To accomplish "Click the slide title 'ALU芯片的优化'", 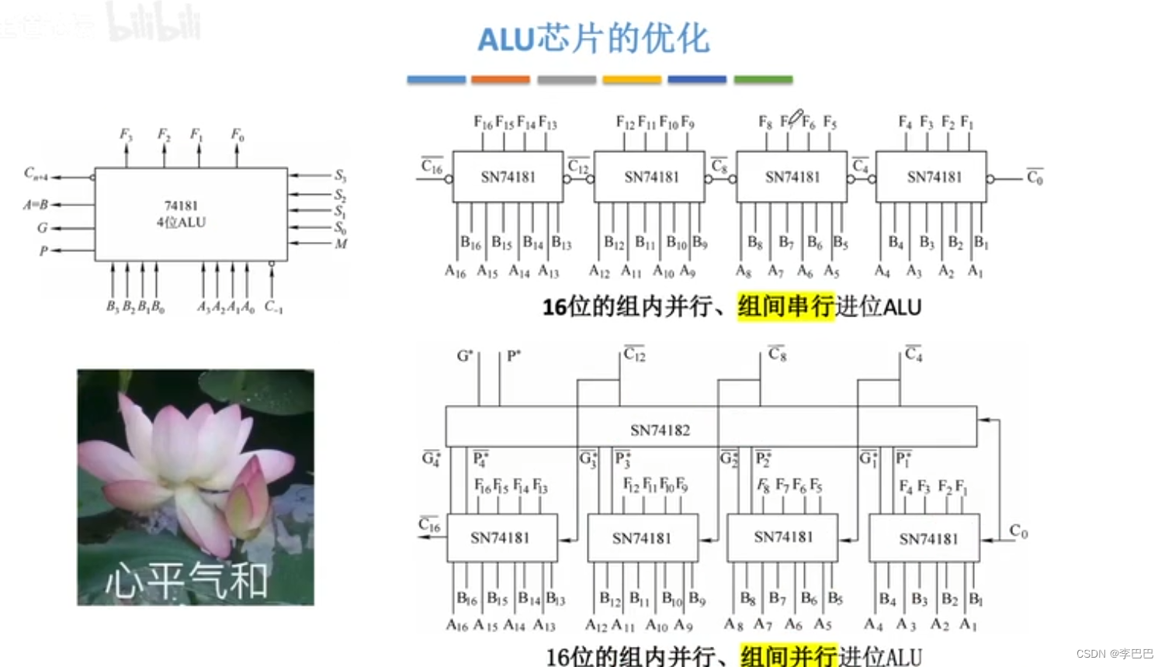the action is point(593,39).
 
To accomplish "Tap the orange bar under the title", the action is point(500,79).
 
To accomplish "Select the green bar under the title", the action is point(763,79).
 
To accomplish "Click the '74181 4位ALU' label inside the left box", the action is point(181,214).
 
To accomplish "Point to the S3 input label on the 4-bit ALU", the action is point(341,175).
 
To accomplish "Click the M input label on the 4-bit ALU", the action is point(341,244).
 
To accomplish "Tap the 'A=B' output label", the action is point(36,205).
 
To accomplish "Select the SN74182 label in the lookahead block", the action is point(660,430).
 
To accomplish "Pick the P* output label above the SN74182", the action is point(514,356).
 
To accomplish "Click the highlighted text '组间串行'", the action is point(785,306).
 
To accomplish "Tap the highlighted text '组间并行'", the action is point(789,656).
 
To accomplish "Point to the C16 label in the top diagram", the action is point(432,167).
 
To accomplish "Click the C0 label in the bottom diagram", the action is point(1018,531).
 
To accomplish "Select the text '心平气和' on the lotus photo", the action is point(186,580).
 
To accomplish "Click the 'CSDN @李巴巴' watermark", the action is point(1115,654).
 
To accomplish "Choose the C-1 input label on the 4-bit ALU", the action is point(273,306).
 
